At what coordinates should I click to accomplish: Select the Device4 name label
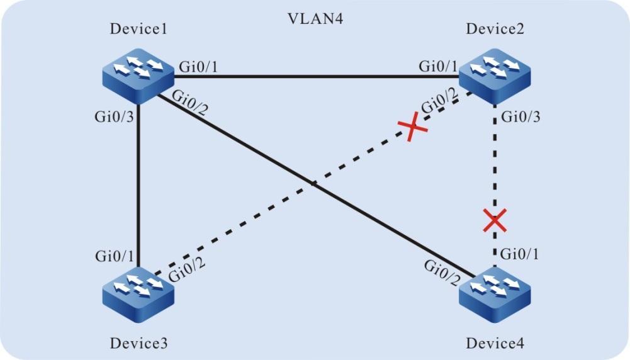point(493,344)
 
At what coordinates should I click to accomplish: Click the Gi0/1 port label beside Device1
point(200,66)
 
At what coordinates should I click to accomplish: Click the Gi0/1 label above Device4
point(520,256)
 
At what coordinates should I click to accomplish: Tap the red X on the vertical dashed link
point(495,220)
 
